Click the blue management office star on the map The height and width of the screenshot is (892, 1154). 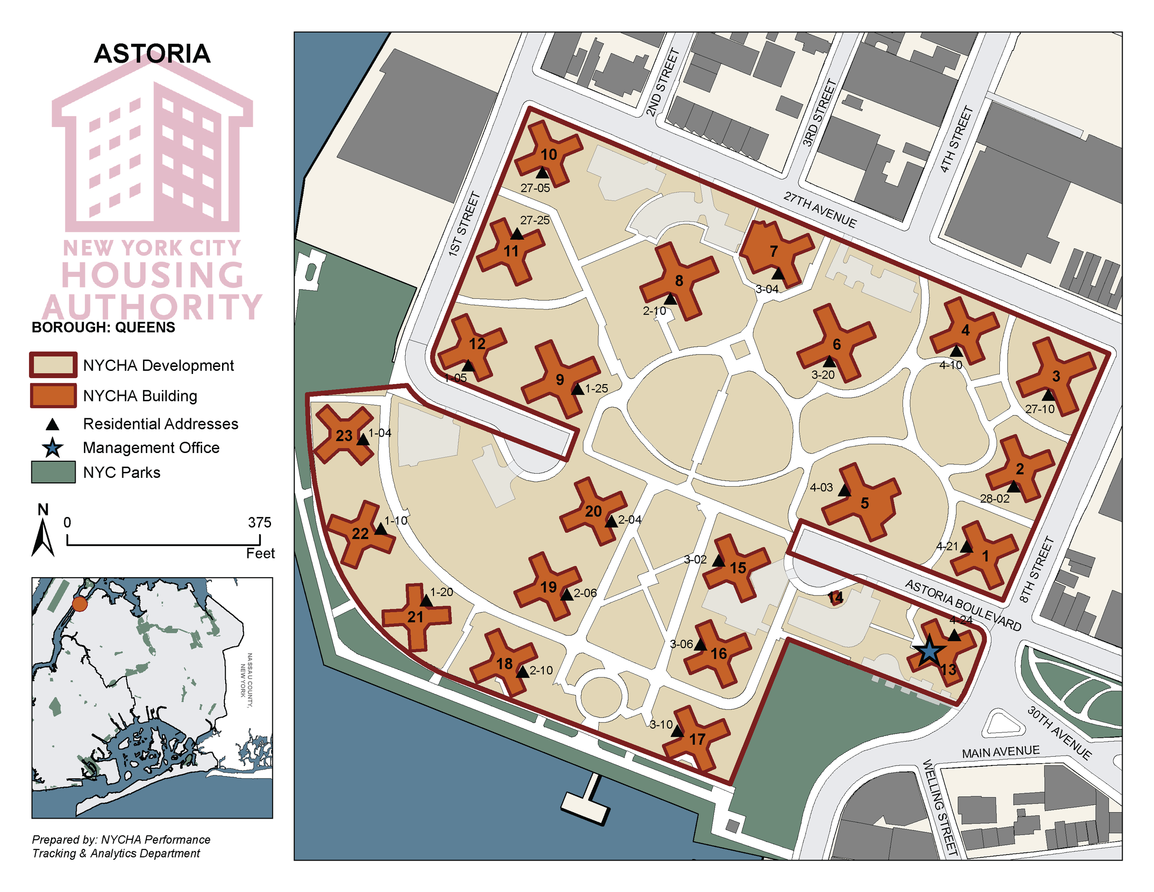(928, 651)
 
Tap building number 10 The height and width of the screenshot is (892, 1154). (548, 154)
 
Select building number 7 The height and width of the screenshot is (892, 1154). (774, 251)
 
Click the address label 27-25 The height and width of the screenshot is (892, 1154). (534, 220)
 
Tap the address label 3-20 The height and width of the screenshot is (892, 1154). (823, 374)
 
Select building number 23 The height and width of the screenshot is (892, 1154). (343, 435)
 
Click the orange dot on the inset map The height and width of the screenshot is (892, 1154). (80, 604)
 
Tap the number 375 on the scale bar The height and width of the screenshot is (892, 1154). (259, 522)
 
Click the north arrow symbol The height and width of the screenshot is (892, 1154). (43, 536)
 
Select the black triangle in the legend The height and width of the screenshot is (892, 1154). (52, 424)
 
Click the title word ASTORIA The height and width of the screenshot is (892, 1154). (152, 54)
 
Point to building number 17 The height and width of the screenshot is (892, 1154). (697, 739)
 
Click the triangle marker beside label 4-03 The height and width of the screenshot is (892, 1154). (844, 491)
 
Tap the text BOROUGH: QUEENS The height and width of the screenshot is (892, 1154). (103, 327)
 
